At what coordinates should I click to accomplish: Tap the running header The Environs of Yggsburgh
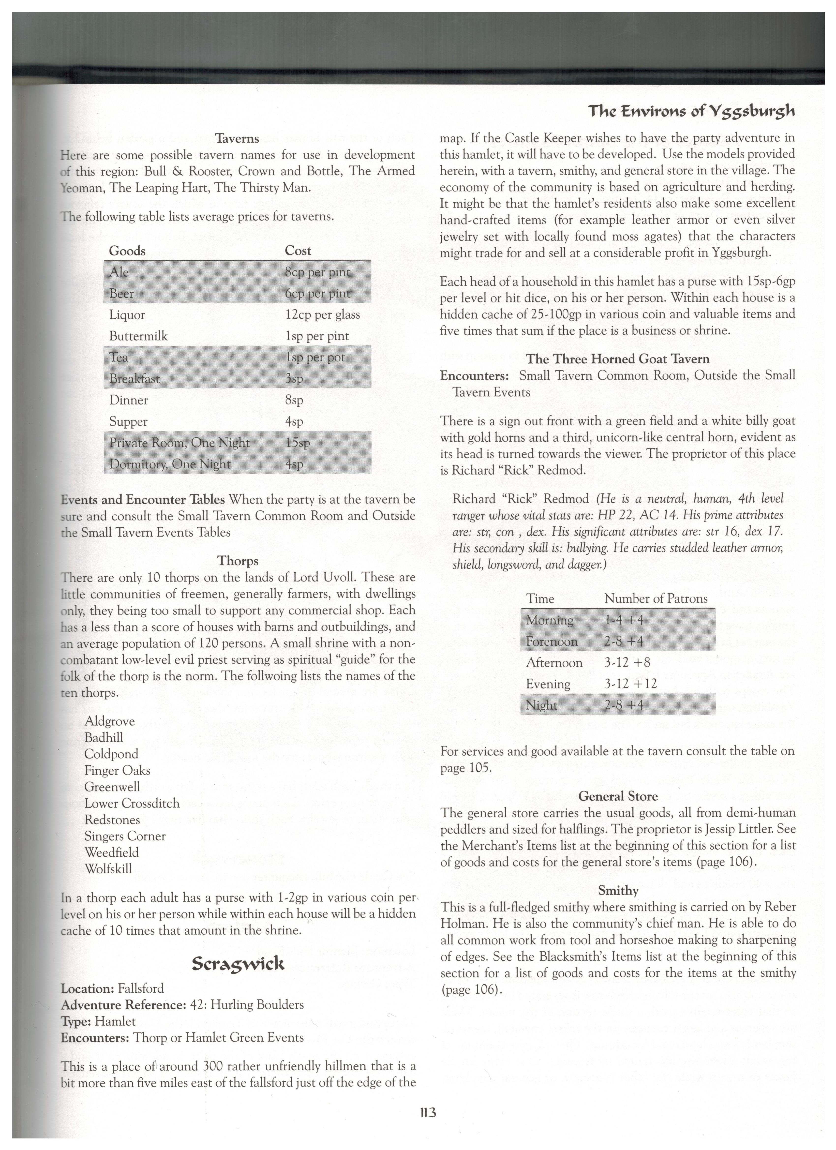click(x=691, y=111)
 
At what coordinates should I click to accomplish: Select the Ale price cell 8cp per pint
click(x=317, y=272)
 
